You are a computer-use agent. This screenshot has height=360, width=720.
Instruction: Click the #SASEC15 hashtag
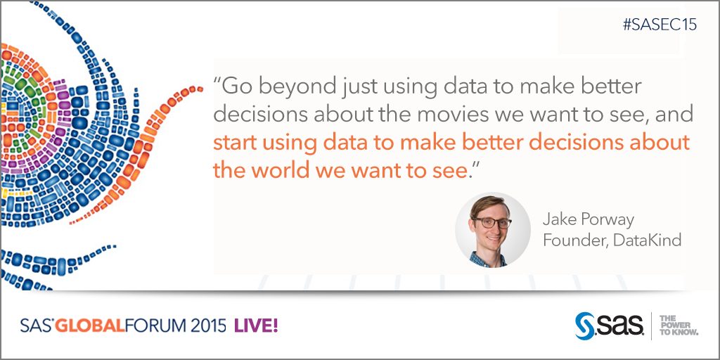(660, 24)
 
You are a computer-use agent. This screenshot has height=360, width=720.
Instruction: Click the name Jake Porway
(589, 219)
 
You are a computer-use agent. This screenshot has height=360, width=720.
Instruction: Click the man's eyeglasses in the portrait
(491, 223)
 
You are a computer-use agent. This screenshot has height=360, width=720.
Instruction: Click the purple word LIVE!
(256, 326)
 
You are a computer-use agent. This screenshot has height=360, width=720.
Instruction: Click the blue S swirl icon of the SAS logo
(584, 326)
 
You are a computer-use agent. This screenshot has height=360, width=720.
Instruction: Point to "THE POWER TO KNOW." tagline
(679, 325)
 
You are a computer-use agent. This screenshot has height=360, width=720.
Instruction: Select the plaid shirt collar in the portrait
(489, 258)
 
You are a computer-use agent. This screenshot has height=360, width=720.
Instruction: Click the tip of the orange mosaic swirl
(200, 89)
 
